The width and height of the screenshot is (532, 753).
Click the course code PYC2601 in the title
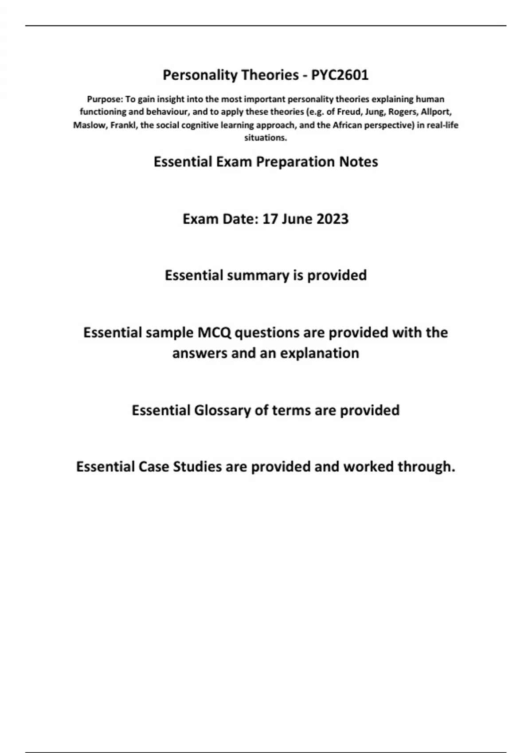click(340, 75)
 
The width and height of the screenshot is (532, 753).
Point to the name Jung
click(375, 112)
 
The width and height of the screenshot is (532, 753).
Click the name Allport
click(437, 112)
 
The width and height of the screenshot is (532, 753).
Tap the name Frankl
click(123, 125)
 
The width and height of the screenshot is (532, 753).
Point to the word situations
click(266, 138)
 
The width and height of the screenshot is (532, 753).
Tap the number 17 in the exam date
click(270, 219)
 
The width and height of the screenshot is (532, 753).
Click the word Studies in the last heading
click(197, 467)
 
